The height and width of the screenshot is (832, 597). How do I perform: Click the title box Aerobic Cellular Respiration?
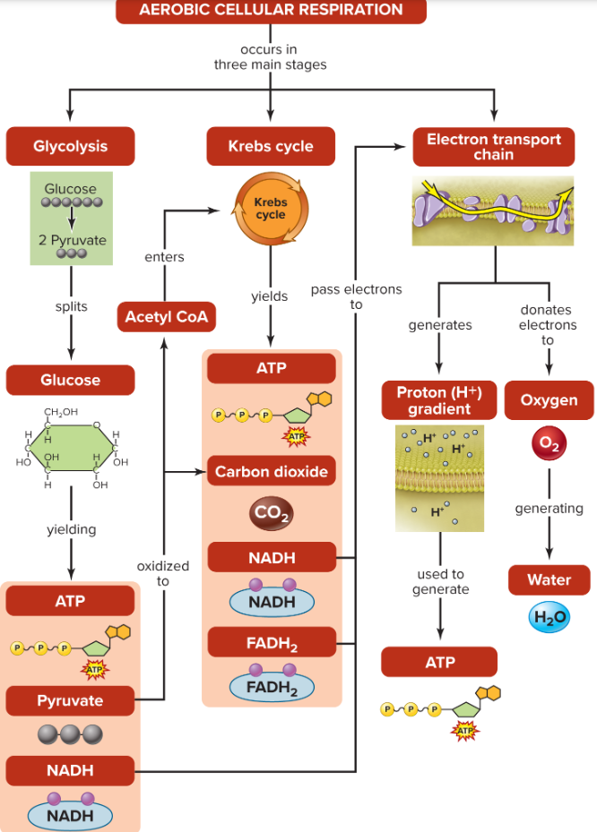click(x=271, y=11)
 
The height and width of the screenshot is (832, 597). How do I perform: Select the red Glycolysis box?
click(x=71, y=147)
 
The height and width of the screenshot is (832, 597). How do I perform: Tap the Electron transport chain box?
click(x=493, y=147)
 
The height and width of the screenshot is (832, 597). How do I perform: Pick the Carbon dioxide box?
click(x=271, y=471)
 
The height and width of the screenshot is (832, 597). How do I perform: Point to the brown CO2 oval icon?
click(x=271, y=513)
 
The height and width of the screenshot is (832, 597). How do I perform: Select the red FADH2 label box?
click(x=272, y=643)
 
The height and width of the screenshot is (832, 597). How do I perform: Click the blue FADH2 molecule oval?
click(x=272, y=686)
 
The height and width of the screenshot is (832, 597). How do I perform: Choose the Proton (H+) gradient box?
click(x=439, y=400)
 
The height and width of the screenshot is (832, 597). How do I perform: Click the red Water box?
click(x=549, y=579)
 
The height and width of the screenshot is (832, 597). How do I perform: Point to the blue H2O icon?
click(x=549, y=617)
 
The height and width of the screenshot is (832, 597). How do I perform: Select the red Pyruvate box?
click(x=70, y=700)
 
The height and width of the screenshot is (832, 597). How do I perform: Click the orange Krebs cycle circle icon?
click(x=271, y=210)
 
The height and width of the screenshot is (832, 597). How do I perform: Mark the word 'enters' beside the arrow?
click(x=164, y=257)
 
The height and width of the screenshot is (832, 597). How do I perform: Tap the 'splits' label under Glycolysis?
click(x=71, y=306)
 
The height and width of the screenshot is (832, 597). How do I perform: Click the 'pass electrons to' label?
click(x=356, y=296)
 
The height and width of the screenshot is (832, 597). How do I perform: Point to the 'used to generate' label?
click(x=440, y=581)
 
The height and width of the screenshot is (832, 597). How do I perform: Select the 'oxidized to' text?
click(x=163, y=573)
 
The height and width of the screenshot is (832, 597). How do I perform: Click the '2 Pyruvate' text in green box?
click(x=72, y=240)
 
